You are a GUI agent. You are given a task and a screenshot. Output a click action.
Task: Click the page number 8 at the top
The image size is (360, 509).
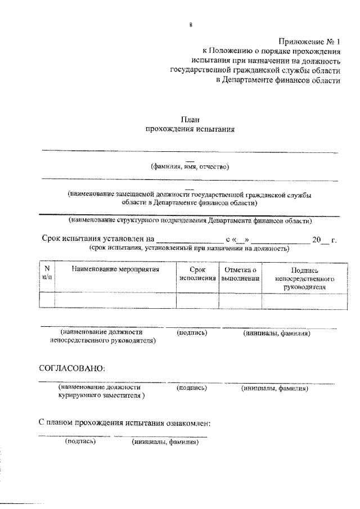pyautogui.click(x=191, y=25)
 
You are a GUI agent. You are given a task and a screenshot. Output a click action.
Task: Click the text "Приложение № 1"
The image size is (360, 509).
pyautogui.click(x=309, y=40)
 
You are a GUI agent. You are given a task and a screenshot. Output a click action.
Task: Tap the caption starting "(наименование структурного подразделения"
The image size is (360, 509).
pyautogui.click(x=190, y=220)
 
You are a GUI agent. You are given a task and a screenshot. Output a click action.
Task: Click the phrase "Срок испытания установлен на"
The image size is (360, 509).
pyautogui.click(x=98, y=240)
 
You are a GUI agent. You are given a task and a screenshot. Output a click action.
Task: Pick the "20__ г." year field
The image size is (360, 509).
pyautogui.click(x=324, y=240)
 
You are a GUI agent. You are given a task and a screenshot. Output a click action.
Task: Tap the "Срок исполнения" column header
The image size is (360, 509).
pyautogui.click(x=197, y=274)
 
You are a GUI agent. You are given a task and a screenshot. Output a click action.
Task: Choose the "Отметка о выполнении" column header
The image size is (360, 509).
pyautogui.click(x=240, y=274)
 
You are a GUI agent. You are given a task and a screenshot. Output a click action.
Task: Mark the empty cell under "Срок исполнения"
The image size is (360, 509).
pyautogui.click(x=197, y=300)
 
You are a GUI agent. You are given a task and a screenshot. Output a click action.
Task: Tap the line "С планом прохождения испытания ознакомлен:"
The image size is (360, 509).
pyautogui.click(x=125, y=422)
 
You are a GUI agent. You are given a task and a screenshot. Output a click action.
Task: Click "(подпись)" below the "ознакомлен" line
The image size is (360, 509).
pyautogui.click(x=81, y=442)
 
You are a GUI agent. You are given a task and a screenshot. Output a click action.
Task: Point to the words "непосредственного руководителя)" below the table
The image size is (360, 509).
pyautogui.click(x=103, y=340)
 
